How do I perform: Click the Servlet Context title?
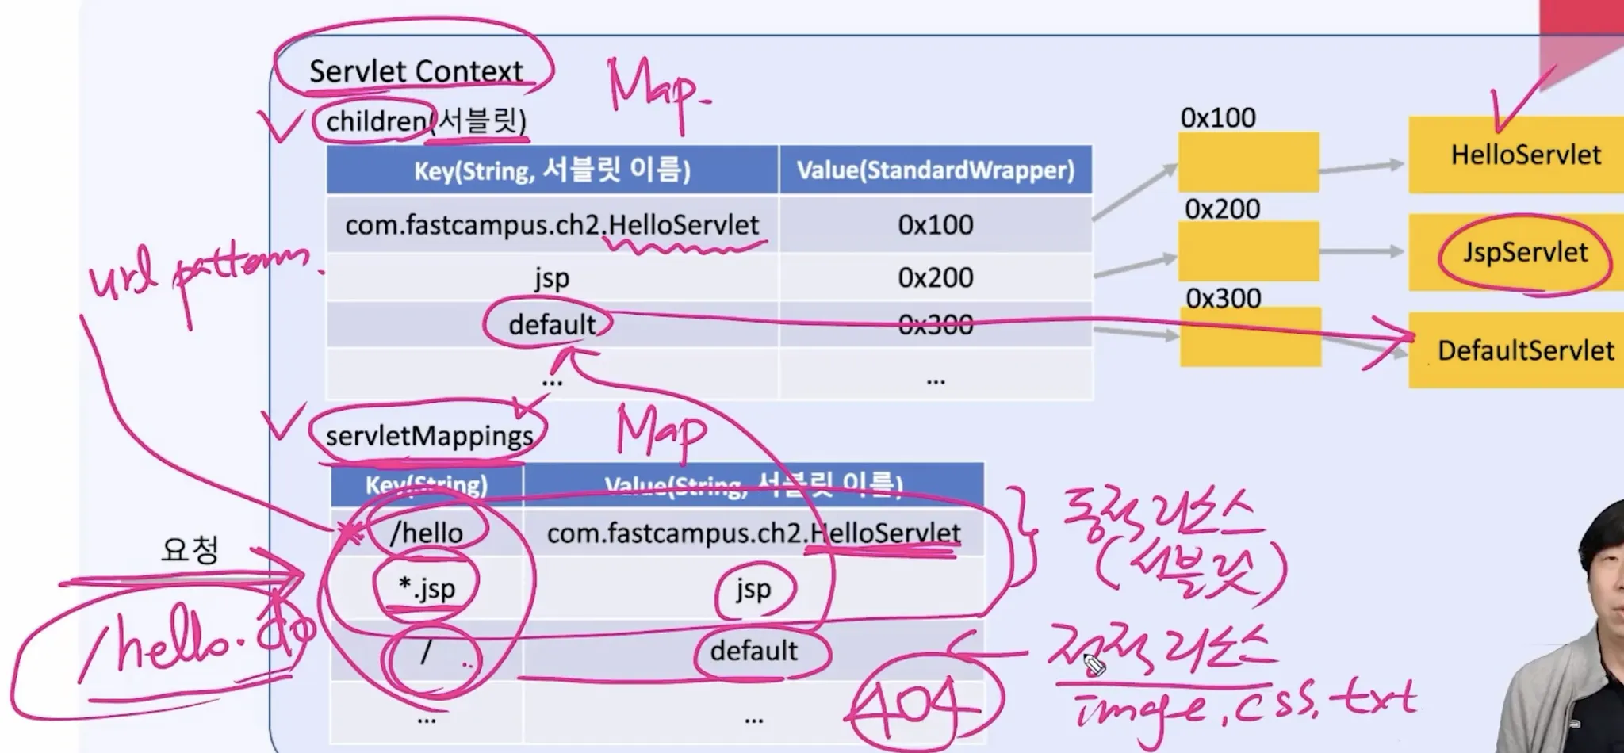coord(416,71)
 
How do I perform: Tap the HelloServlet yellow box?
coord(1524,155)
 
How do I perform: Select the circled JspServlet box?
coord(1524,253)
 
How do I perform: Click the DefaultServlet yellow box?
coord(1524,350)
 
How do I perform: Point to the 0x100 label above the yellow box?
coord(1218,118)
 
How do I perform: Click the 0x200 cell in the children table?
coord(935,278)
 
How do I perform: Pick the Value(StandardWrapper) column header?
coord(935,170)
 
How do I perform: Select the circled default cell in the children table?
coord(551,324)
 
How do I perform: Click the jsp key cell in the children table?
coord(551,278)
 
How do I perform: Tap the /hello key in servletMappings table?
coord(427,533)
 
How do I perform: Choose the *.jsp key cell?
coord(427,589)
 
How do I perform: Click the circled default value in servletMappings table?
coord(753,651)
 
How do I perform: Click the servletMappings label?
coord(429,436)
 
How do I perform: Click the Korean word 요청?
coord(190,549)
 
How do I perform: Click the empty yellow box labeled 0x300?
coord(1250,338)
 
